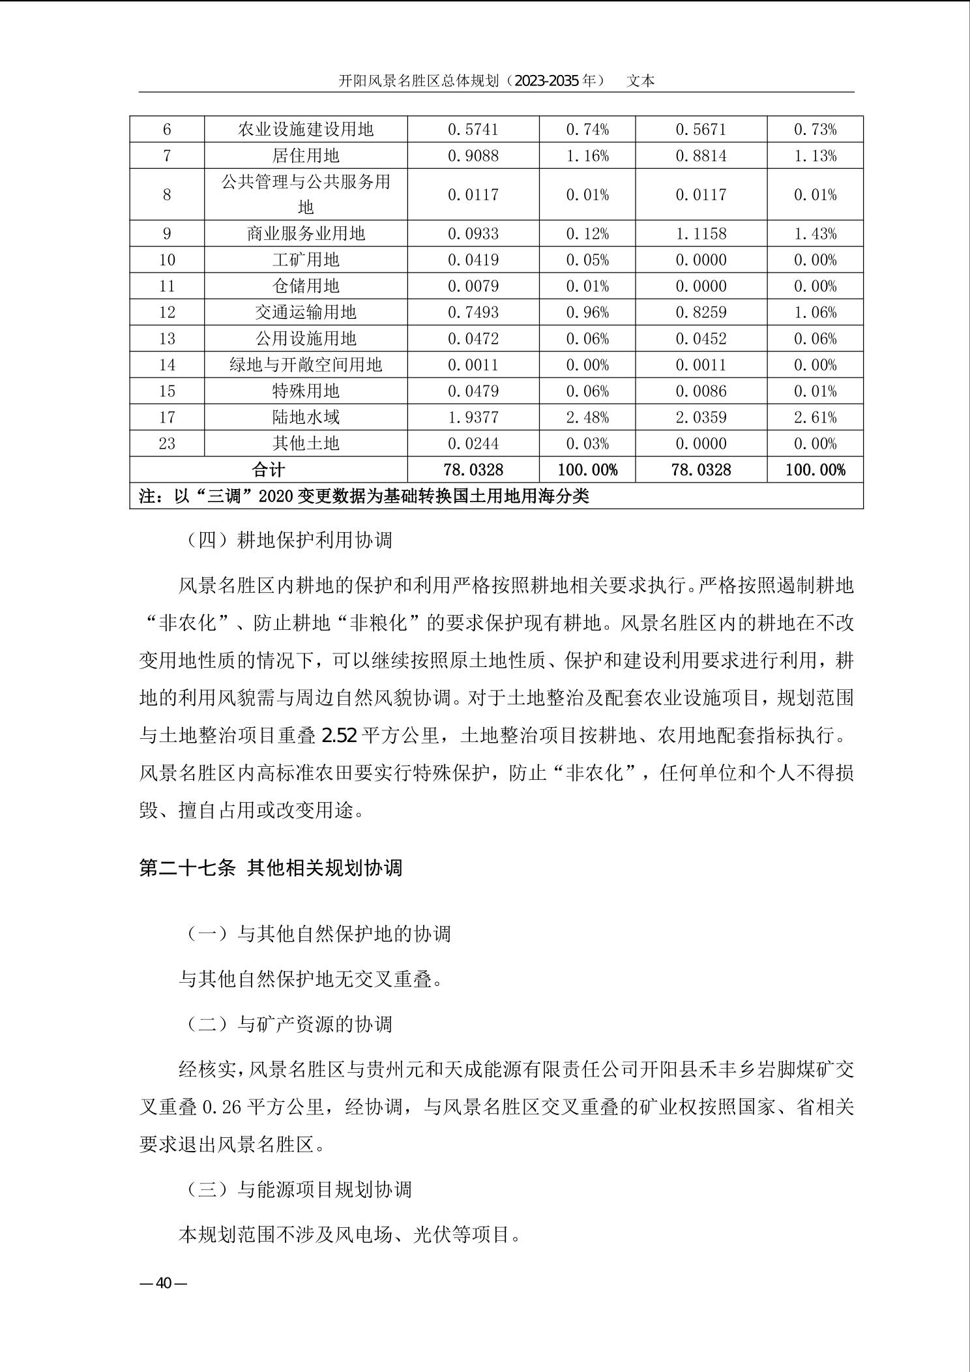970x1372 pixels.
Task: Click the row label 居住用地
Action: pos(306,156)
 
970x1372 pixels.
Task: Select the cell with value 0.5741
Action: pos(473,130)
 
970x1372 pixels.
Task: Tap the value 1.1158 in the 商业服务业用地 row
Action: pos(701,234)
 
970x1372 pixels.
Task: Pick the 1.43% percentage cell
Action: pos(815,234)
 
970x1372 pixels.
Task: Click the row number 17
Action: pos(167,417)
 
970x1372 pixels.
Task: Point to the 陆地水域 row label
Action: pos(306,417)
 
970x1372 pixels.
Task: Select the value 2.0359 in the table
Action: pos(701,417)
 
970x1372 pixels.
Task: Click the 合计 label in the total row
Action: pos(269,470)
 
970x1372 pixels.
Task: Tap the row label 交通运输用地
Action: pos(306,312)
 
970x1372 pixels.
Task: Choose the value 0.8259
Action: pos(701,312)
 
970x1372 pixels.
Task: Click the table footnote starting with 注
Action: pos(364,496)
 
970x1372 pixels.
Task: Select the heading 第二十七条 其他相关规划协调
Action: pos(271,868)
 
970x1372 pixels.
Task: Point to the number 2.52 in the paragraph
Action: pos(339,736)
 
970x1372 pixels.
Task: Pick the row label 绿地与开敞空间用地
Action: pos(306,365)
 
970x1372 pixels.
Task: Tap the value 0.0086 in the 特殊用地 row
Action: pos(701,391)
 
